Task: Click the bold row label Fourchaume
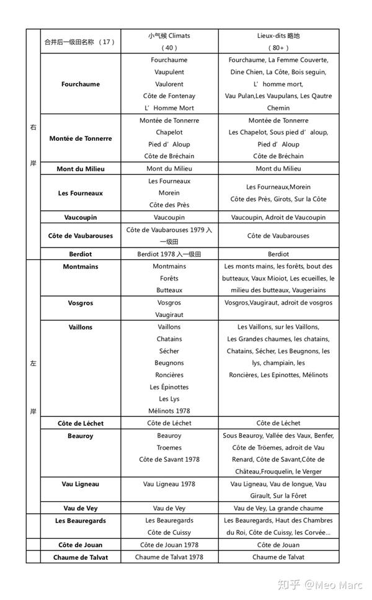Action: (x=81, y=84)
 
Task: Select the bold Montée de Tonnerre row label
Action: (x=81, y=138)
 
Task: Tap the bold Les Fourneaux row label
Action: (x=81, y=193)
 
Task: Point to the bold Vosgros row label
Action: (x=81, y=303)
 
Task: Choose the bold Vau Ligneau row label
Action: (x=81, y=484)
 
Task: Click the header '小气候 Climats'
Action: (x=169, y=36)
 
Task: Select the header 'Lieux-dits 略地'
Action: (x=278, y=36)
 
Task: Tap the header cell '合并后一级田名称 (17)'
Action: (x=81, y=42)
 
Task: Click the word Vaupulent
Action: (x=169, y=72)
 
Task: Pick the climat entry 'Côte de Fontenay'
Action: (x=169, y=96)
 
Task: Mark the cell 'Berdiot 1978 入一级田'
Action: (x=169, y=254)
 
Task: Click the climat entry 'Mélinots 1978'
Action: (x=169, y=411)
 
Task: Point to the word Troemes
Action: (x=169, y=447)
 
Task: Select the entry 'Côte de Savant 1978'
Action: (x=169, y=459)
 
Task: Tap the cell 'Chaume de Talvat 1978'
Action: (x=169, y=557)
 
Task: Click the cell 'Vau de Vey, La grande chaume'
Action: (x=278, y=508)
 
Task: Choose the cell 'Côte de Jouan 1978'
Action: (x=169, y=545)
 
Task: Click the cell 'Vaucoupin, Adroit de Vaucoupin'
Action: (x=278, y=218)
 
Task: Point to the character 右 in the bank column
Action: (x=33, y=128)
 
